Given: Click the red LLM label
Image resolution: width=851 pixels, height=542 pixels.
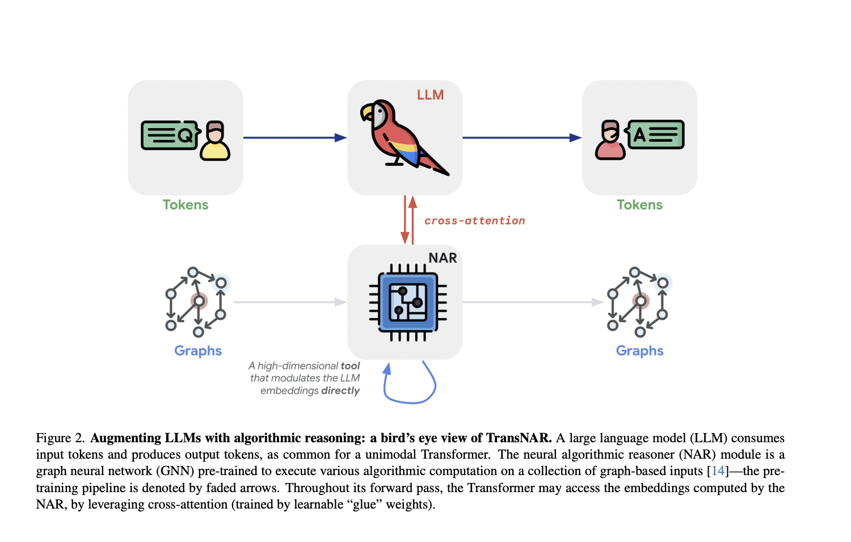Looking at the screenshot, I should click(x=430, y=95).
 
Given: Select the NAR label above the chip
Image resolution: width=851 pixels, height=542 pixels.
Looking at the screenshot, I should click(x=443, y=258).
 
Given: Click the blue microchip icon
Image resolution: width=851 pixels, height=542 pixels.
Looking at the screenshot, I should click(x=408, y=302).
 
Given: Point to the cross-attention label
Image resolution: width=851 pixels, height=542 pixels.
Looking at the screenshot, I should click(x=474, y=221).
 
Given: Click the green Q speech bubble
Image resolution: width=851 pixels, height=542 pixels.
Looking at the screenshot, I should click(x=169, y=135).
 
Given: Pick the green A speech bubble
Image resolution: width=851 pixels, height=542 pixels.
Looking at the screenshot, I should click(x=655, y=134).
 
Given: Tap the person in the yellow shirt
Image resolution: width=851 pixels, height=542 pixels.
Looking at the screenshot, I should click(x=214, y=141).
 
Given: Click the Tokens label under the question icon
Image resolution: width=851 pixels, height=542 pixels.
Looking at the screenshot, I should click(x=186, y=205).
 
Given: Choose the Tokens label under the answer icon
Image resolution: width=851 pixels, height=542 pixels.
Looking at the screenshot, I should click(x=639, y=205).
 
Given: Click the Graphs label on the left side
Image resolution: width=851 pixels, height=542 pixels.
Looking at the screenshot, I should click(x=197, y=350).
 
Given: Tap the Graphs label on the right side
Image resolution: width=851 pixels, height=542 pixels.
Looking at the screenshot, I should click(x=639, y=350).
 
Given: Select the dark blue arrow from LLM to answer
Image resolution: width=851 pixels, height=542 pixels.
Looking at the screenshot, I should click(x=521, y=138).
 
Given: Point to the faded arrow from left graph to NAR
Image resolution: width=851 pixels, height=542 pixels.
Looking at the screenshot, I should click(x=290, y=302).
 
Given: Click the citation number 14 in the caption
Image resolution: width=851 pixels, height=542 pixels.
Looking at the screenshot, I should click(x=718, y=471).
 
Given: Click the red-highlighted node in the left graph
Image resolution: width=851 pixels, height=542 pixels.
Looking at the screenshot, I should click(x=199, y=301).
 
